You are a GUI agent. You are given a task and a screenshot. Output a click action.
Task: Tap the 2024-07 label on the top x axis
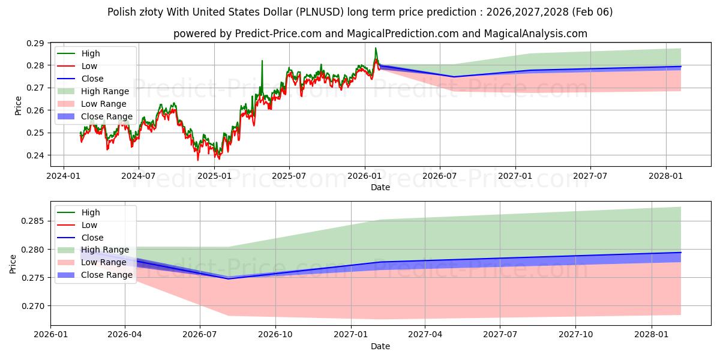[139, 176]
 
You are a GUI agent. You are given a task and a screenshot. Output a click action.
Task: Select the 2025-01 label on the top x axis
[214, 176]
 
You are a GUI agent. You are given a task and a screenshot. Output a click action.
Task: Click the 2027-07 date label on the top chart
[590, 176]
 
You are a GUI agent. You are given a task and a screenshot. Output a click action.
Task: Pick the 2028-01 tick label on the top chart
[666, 176]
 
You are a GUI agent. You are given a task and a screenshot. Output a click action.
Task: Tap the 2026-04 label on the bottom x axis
[125, 335]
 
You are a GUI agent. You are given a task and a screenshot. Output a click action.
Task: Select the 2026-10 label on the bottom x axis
[275, 335]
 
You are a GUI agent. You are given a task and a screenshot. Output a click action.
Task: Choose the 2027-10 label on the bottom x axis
[576, 335]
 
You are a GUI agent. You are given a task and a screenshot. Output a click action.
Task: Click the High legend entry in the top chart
[90, 53]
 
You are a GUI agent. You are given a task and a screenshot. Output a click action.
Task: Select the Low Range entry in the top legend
[105, 104]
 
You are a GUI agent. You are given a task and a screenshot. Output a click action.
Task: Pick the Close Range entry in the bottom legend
[107, 275]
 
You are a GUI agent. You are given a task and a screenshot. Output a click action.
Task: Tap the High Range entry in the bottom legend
[105, 250]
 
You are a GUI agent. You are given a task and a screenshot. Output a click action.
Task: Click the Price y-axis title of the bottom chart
[13, 263]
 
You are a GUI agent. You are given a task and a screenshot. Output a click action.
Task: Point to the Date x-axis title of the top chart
[380, 187]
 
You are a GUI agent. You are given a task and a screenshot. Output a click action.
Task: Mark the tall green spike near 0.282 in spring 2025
[262, 61]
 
